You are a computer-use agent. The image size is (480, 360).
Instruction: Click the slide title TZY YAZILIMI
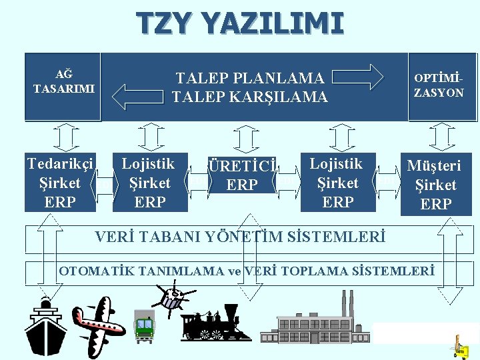pyautogui.click(x=240, y=23)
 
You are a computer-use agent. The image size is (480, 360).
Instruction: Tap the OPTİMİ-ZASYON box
pyautogui.click(x=439, y=87)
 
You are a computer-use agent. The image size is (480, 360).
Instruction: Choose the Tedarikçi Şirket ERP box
pyautogui.click(x=61, y=183)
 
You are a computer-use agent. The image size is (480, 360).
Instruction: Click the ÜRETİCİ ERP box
pyautogui.click(x=242, y=175)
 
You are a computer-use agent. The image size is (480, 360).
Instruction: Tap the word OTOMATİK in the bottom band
pyautogui.click(x=99, y=271)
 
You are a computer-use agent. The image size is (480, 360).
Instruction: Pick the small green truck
pyautogui.click(x=143, y=325)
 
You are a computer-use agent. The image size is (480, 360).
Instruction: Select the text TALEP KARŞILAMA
pyautogui.click(x=249, y=97)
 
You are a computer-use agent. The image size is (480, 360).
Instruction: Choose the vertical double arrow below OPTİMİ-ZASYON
pyautogui.click(x=441, y=138)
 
